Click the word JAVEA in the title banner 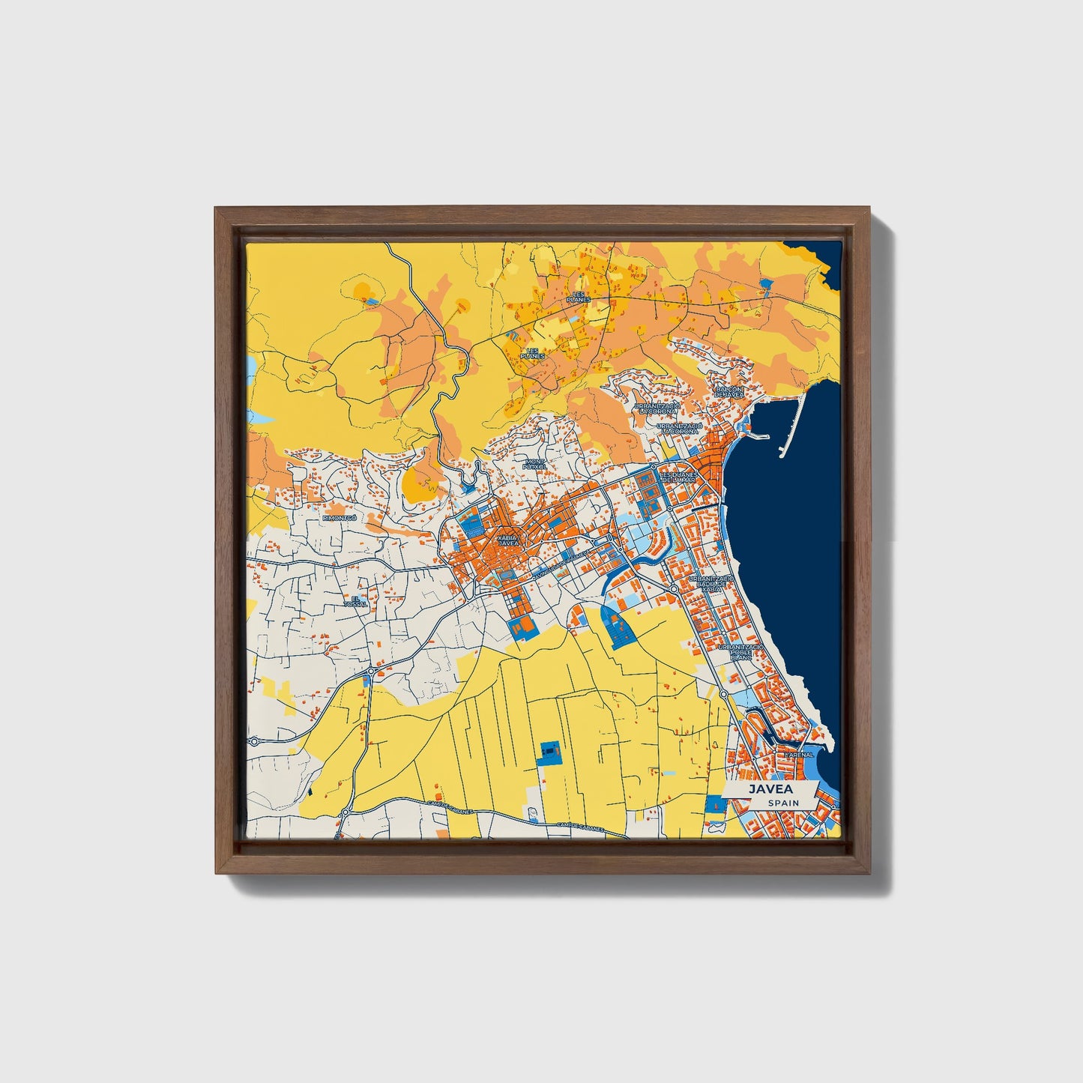767,788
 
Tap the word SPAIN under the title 782,803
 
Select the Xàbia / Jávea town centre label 507,540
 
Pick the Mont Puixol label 535,464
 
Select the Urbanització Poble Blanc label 740,651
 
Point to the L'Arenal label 800,755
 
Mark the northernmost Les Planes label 579,296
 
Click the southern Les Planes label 534,353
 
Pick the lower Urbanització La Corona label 679,429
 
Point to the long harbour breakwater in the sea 793,423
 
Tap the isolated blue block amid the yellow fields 551,750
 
